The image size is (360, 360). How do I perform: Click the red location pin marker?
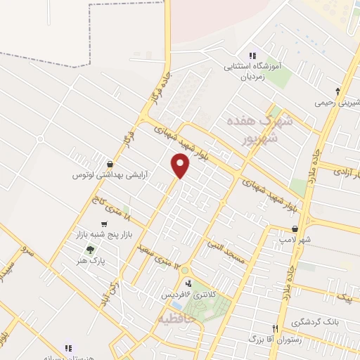pyautogui.click(x=181, y=165)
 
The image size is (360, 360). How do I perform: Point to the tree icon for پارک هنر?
pyautogui.click(x=89, y=249)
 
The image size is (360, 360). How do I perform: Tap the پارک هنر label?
pyautogui.click(x=91, y=260)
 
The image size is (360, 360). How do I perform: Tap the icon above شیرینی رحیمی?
pyautogui.click(x=338, y=91)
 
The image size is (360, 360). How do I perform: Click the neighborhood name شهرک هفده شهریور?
pyautogui.click(x=255, y=129)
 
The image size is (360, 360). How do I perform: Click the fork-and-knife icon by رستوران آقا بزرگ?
pyautogui.click(x=276, y=328)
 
